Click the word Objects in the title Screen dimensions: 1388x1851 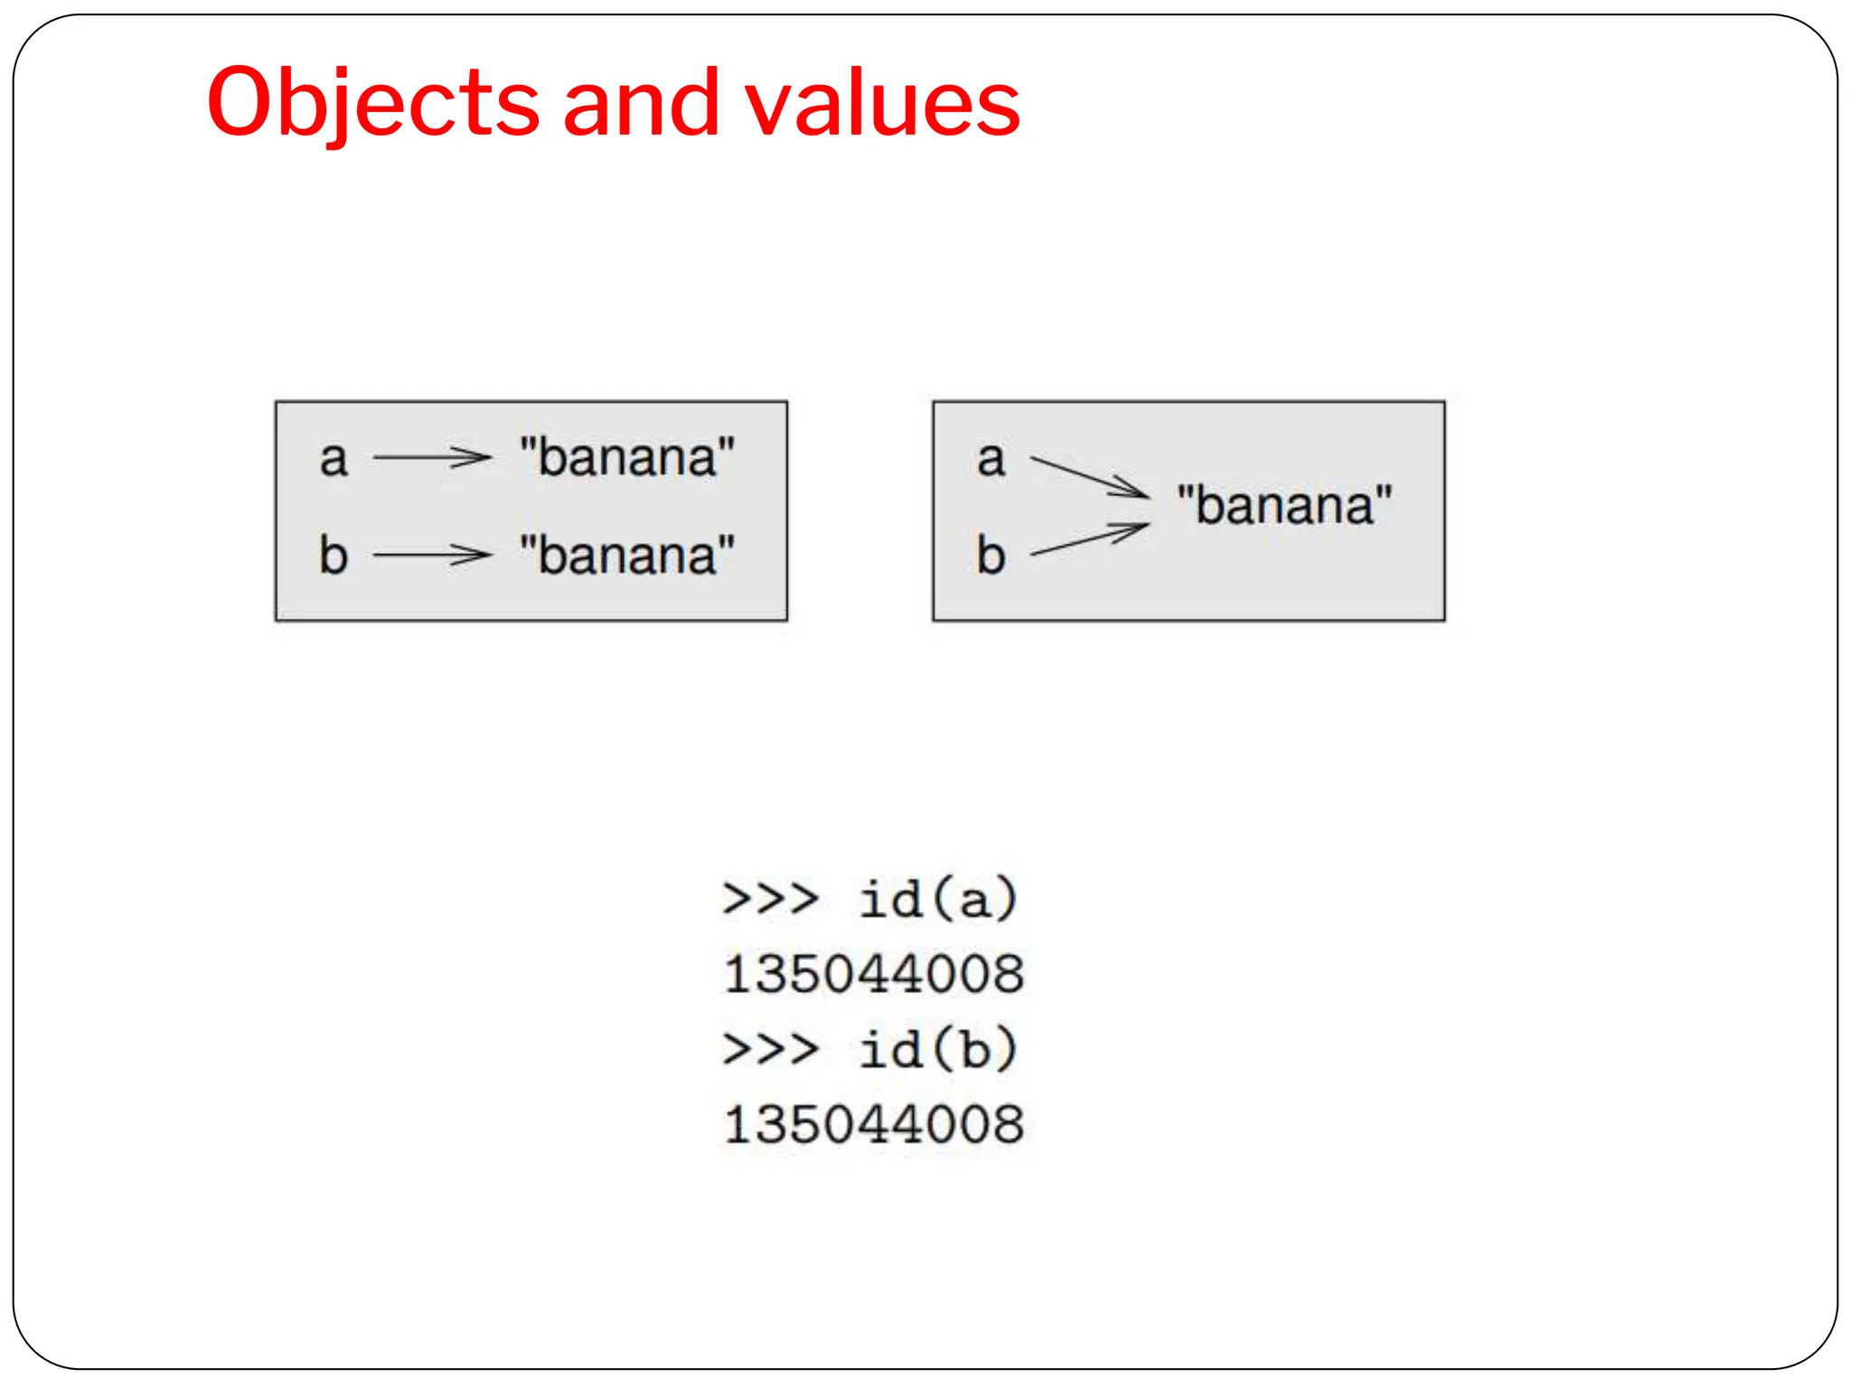[x=373, y=104]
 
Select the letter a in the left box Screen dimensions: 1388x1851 [x=334, y=459]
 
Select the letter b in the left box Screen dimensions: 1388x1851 [x=334, y=554]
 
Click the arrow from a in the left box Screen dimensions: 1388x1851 [x=431, y=457]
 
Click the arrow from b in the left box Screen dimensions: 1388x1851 [x=431, y=554]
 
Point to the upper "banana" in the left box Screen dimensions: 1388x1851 [x=627, y=457]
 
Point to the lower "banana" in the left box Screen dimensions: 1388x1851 [x=627, y=554]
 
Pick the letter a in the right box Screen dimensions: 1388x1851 [x=991, y=459]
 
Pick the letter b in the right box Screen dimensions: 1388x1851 [x=991, y=554]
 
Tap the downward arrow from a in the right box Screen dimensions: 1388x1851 [x=1089, y=477]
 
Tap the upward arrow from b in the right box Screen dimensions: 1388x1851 [x=1089, y=539]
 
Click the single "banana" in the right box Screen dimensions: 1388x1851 [x=1284, y=505]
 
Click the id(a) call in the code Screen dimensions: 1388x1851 [x=939, y=899]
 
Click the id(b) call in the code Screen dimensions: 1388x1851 [x=939, y=1049]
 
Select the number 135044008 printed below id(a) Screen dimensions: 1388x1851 [x=874, y=974]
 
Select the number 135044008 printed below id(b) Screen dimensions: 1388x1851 [x=874, y=1125]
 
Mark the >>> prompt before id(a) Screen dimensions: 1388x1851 [x=770, y=899]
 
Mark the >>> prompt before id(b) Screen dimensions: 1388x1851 [x=770, y=1049]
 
